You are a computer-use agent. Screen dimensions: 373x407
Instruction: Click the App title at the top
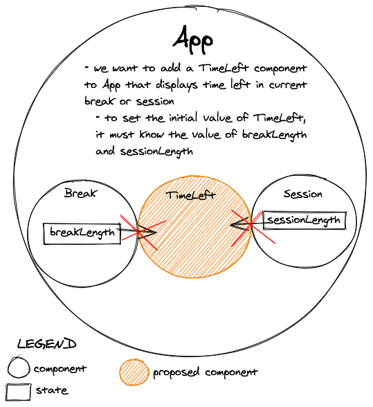coord(193,40)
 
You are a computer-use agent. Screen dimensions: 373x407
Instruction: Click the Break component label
coord(81,193)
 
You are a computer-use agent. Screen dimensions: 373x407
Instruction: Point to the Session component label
coord(302,194)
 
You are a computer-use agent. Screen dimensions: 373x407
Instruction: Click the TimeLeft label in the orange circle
coord(191,195)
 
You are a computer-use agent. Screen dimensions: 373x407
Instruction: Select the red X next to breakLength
coord(143,232)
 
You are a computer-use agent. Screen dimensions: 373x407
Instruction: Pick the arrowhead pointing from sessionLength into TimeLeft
coord(240,224)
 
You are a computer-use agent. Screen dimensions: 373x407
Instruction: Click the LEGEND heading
coord(47,344)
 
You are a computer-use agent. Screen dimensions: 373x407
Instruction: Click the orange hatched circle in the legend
coord(134,372)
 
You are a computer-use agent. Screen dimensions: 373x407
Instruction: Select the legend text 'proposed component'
coord(206,372)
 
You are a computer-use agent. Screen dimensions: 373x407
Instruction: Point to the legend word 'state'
coord(52,390)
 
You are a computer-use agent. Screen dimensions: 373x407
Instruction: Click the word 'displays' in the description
coord(177,85)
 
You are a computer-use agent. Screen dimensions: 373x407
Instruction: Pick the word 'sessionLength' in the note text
coord(156,152)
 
